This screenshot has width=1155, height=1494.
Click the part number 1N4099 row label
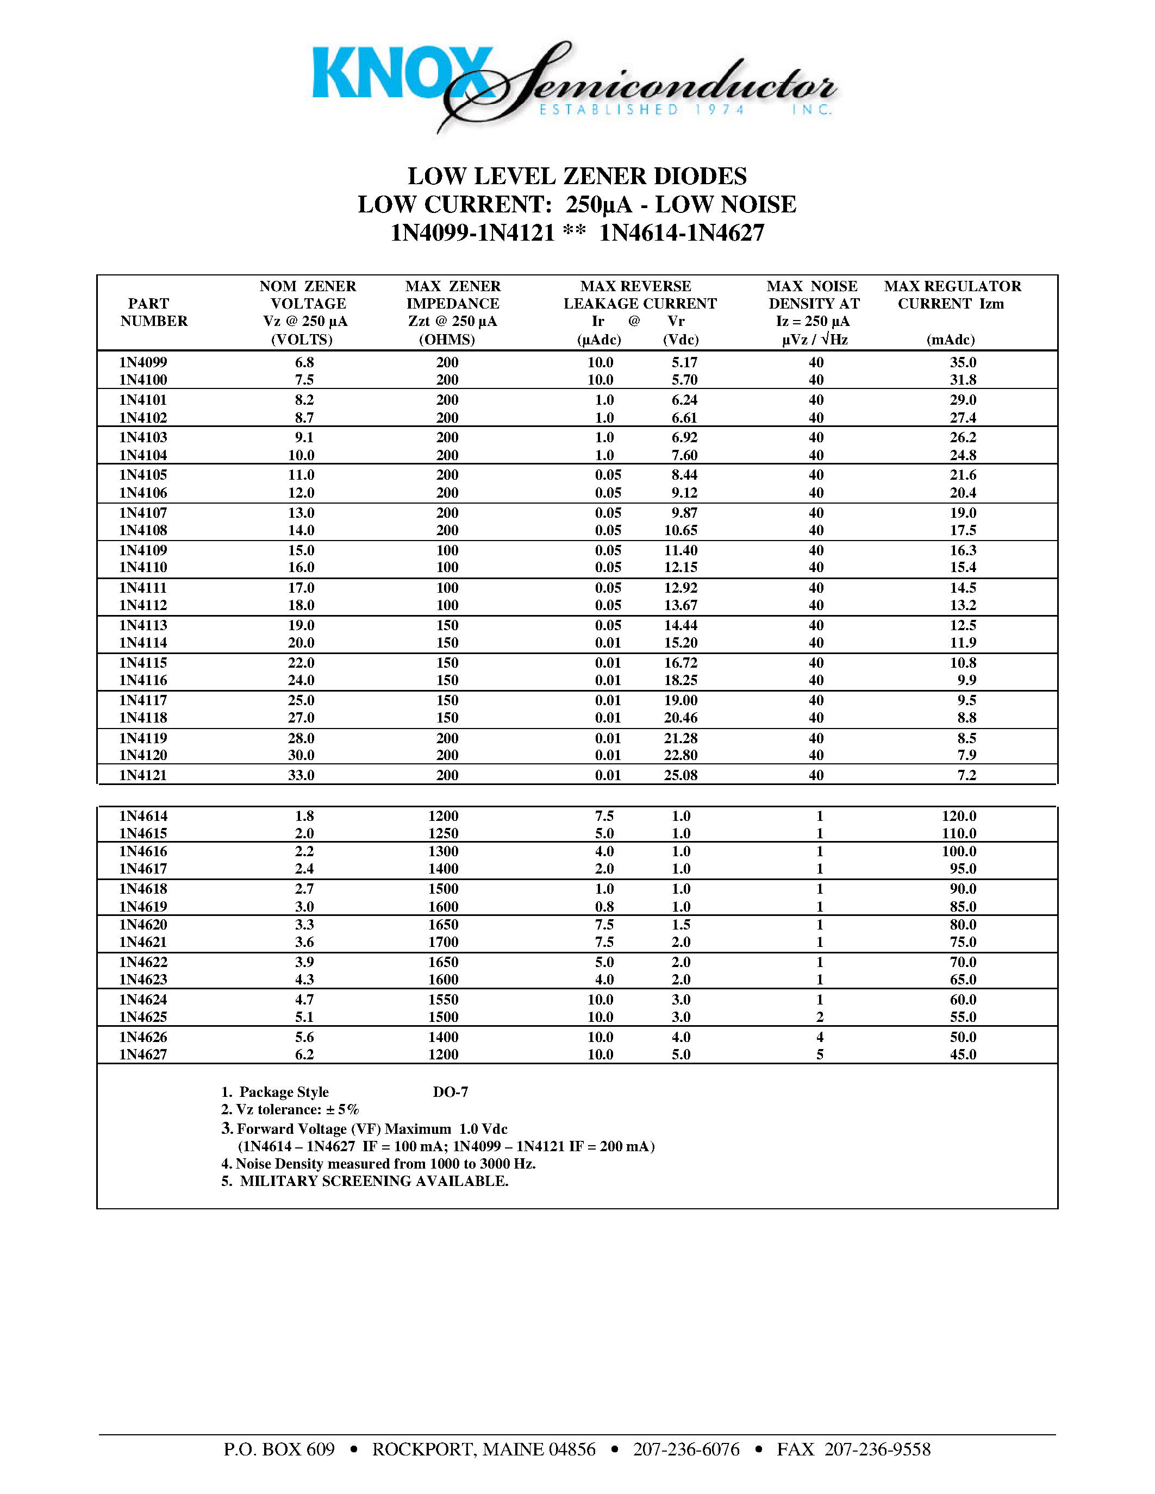click(x=143, y=362)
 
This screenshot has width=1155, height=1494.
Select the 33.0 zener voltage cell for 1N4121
click(x=301, y=775)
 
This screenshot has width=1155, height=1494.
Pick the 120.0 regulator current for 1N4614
click(x=959, y=815)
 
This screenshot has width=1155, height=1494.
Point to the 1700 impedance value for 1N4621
click(x=444, y=942)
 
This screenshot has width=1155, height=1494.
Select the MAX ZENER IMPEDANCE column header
click(x=452, y=295)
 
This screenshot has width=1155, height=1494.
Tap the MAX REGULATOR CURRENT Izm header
click(x=952, y=295)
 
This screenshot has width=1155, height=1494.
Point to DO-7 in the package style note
click(x=450, y=1092)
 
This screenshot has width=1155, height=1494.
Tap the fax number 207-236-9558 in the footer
click(x=877, y=1449)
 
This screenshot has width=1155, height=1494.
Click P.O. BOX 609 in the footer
click(x=279, y=1449)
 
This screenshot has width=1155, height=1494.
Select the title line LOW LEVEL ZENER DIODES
click(x=577, y=177)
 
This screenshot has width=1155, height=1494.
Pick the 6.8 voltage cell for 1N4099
click(x=304, y=362)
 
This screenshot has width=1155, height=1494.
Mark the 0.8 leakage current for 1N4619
click(x=604, y=906)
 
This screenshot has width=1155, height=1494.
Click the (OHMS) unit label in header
click(x=447, y=340)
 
